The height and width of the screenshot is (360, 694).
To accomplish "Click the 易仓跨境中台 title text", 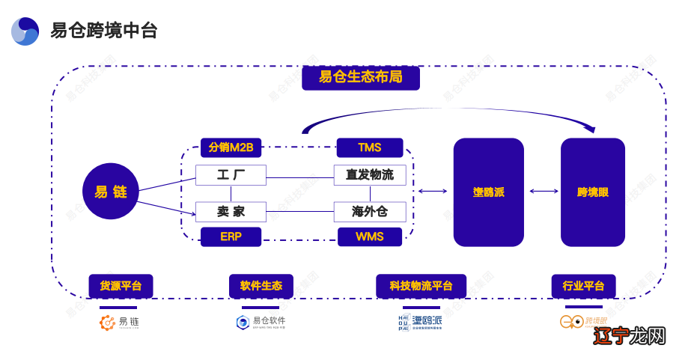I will (x=104, y=31).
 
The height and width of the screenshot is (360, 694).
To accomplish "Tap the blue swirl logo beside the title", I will (x=25, y=31).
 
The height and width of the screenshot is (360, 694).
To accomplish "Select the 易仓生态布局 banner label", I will (x=360, y=77).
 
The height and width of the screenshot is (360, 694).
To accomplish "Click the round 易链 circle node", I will (x=111, y=192).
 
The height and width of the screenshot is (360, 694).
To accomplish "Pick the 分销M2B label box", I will (x=231, y=147).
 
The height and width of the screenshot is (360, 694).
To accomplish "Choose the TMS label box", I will (x=369, y=147).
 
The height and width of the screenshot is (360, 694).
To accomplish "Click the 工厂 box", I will (x=231, y=175).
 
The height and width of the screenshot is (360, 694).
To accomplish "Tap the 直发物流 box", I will (x=369, y=175).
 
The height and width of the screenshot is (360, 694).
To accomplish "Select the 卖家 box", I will (x=231, y=212).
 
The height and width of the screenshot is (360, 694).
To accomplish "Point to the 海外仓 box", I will (x=369, y=212).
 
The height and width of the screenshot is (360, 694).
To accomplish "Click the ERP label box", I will (x=231, y=237).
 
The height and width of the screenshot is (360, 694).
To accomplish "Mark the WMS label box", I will (x=369, y=237).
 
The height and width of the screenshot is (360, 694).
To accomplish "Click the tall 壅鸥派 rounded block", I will (x=488, y=192).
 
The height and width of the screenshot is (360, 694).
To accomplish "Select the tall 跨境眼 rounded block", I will (x=592, y=192).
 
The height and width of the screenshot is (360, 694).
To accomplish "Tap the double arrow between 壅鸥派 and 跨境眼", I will (x=544, y=192).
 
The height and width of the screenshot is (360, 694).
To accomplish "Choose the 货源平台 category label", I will (x=121, y=286).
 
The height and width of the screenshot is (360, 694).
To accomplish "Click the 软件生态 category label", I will (x=261, y=286).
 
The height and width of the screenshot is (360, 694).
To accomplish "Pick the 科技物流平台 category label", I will (x=421, y=286).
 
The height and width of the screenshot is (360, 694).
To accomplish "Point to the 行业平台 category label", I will (x=583, y=286).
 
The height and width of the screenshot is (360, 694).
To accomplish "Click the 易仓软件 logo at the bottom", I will (x=261, y=322).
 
